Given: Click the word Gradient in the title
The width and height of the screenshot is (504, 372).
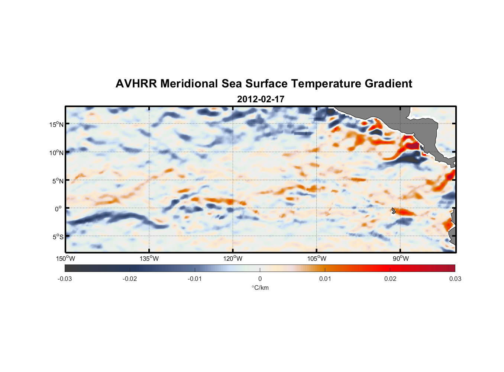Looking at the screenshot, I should pyautogui.click(x=388, y=84).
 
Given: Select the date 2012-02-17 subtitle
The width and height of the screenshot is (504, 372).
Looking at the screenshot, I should pyautogui.click(x=261, y=99).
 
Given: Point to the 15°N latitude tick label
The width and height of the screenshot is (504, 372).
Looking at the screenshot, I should pyautogui.click(x=56, y=124).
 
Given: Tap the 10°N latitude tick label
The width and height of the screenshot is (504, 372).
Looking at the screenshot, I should pyautogui.click(x=56, y=153).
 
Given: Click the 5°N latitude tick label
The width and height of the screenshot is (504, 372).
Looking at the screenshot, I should pyautogui.click(x=58, y=181).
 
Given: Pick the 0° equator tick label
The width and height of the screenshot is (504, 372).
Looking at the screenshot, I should pyautogui.click(x=59, y=209).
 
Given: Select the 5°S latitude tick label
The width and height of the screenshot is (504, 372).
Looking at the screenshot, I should pyautogui.click(x=58, y=237).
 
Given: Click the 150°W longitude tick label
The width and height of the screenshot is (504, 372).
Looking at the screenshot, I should pyautogui.click(x=65, y=259).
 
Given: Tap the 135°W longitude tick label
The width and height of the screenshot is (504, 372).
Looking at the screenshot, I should pyautogui.click(x=149, y=259).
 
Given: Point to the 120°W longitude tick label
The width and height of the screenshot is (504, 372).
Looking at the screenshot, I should pyautogui.click(x=233, y=259).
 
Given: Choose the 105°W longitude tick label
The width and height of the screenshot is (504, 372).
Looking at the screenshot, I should pyautogui.click(x=317, y=259).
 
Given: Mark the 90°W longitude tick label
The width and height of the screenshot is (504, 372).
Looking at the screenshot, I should pyautogui.click(x=401, y=259).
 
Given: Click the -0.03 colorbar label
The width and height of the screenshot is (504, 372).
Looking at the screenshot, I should pyautogui.click(x=65, y=279).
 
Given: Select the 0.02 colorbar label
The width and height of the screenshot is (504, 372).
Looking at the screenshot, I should pyautogui.click(x=390, y=279).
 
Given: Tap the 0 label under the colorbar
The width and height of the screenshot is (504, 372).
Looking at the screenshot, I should pyautogui.click(x=260, y=279).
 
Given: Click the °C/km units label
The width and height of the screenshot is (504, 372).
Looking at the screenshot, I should pyautogui.click(x=260, y=288).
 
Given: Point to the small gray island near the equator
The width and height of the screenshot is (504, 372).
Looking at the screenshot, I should pyautogui.click(x=393, y=211).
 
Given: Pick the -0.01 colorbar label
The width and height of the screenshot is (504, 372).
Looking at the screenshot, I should pyautogui.click(x=195, y=279).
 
